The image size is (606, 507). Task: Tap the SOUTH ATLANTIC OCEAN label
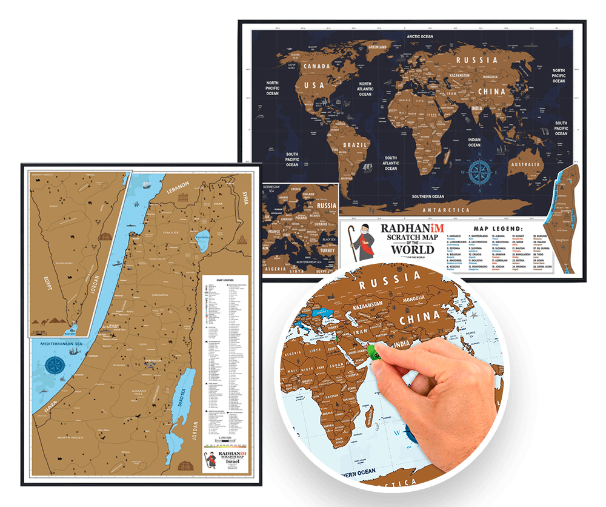[391, 163]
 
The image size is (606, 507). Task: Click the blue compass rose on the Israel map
[57, 365]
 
